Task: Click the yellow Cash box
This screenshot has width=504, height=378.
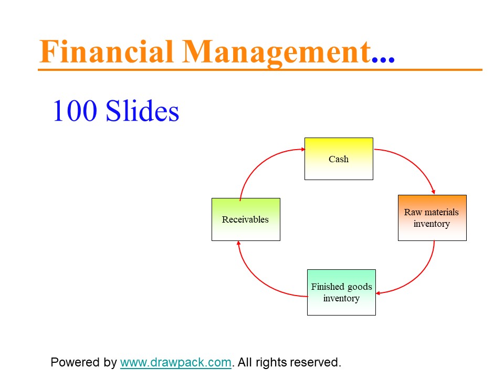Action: (x=339, y=159)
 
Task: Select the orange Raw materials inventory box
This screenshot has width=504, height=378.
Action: (x=432, y=217)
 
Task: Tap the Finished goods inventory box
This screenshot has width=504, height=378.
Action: (x=341, y=292)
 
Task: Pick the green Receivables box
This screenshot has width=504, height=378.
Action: (x=246, y=219)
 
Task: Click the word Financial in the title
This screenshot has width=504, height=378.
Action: (x=107, y=51)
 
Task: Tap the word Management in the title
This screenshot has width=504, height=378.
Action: (x=277, y=53)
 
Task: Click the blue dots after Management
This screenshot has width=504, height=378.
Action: (x=383, y=59)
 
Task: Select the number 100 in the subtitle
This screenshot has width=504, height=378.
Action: (x=75, y=111)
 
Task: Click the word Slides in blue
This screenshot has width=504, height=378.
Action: (x=142, y=110)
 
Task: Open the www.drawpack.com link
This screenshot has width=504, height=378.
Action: (x=175, y=362)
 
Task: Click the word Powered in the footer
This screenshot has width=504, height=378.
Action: (x=76, y=362)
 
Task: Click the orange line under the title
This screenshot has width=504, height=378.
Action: (x=260, y=69)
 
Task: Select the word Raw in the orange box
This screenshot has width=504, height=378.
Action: (x=413, y=212)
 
